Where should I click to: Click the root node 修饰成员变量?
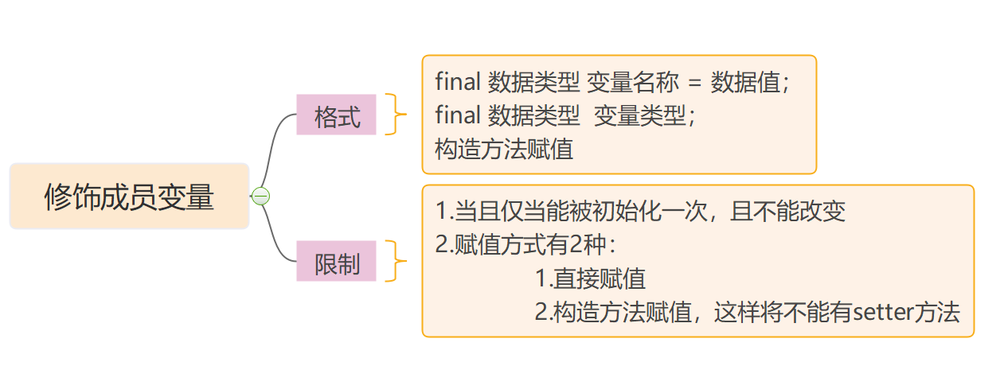tap(129, 197)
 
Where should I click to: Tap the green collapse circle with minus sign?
tap(260, 197)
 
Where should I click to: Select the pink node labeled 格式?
tap(336, 115)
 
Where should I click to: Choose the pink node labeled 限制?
tap(336, 263)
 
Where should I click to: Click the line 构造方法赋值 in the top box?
tap(504, 150)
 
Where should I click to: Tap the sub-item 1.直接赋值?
tap(590, 278)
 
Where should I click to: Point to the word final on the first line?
tap(457, 83)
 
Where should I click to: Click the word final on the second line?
tap(457, 116)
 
